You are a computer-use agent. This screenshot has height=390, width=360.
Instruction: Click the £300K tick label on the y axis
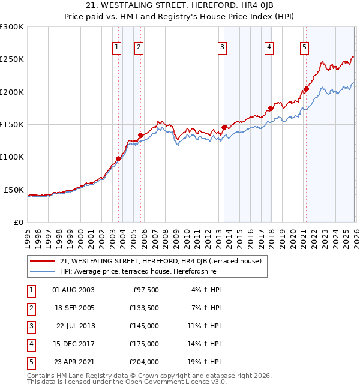[x=12, y=27]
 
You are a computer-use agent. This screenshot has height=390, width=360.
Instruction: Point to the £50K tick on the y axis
[x=14, y=190]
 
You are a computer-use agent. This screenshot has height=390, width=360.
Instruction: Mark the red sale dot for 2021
[x=305, y=89]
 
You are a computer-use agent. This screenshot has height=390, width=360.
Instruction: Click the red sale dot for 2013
[x=224, y=127]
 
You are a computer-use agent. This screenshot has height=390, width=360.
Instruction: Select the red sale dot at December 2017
[x=270, y=109]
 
